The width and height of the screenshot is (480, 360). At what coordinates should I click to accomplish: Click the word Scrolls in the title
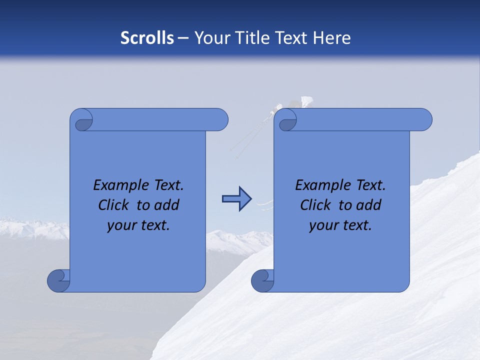pyautogui.click(x=147, y=38)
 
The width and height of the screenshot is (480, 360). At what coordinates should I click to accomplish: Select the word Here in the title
pyautogui.click(x=331, y=38)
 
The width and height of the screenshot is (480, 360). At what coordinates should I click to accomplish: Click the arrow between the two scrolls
pyautogui.click(x=236, y=199)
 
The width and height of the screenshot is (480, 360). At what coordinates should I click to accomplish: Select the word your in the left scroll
pyautogui.click(x=120, y=225)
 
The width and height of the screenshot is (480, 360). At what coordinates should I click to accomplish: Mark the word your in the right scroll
pyautogui.click(x=322, y=225)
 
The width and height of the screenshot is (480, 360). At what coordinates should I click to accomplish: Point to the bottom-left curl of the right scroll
pyautogui.click(x=263, y=280)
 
